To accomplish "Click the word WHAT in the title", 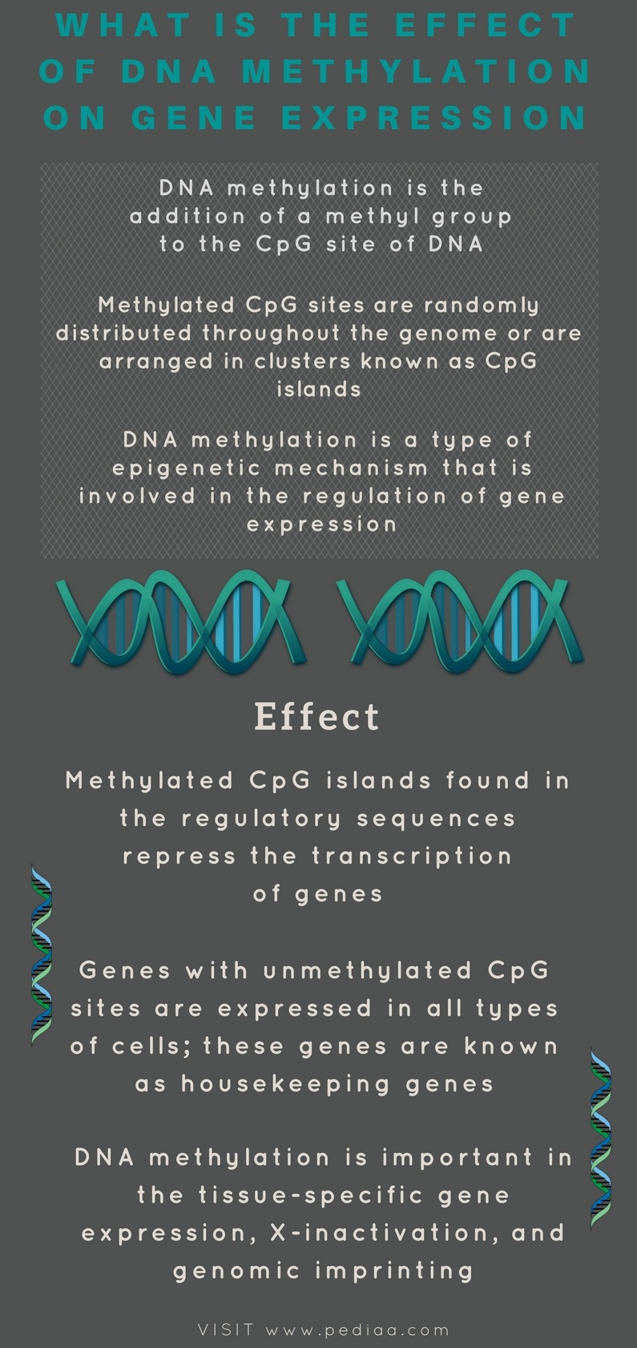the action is [x=123, y=25].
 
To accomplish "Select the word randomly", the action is [x=482, y=306].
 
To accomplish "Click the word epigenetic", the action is [x=187, y=468].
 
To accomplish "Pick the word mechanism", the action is [x=351, y=468].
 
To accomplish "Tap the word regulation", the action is [x=375, y=496].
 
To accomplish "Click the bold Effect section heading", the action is [x=317, y=716].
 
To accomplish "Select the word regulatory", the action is [x=262, y=819].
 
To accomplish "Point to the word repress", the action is [x=179, y=857].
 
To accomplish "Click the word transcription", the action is [x=412, y=856].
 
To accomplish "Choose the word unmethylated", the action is [x=368, y=970].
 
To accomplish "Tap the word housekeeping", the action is [x=286, y=1084].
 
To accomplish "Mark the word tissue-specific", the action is [x=312, y=1195].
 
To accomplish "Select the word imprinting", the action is [x=394, y=1271].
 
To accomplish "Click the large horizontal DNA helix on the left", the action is [x=181, y=621].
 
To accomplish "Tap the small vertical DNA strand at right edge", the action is [x=600, y=1137].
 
